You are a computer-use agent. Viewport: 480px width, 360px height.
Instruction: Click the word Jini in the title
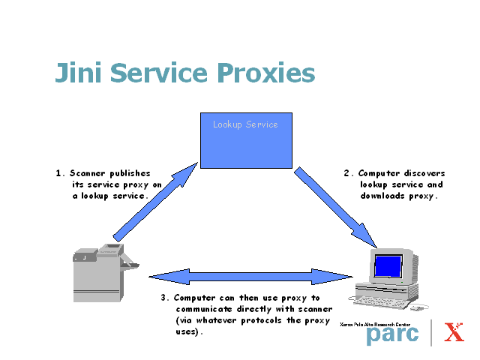pos(78,73)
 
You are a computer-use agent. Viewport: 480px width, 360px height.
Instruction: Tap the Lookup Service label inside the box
pos(245,124)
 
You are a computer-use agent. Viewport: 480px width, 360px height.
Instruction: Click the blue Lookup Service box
pos(245,146)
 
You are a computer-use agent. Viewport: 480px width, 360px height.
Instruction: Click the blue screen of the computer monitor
pos(388,266)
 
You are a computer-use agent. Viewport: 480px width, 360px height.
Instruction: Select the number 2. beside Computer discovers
pos(348,173)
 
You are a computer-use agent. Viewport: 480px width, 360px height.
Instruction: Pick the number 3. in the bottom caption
pos(165,298)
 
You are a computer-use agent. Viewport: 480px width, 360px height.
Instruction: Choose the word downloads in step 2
pos(385,196)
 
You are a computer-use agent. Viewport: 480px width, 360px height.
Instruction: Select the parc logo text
pos(392,334)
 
